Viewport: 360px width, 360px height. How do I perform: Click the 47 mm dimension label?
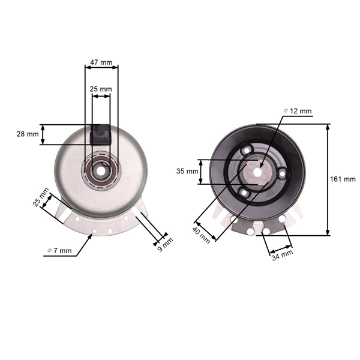(x=101, y=62)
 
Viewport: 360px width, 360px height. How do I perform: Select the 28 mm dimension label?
(x=27, y=134)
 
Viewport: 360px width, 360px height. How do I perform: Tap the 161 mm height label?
(x=343, y=179)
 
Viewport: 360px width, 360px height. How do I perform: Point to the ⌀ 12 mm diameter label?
(x=297, y=111)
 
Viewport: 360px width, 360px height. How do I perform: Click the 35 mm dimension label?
(x=188, y=171)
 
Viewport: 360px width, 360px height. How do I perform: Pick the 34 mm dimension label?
(x=283, y=254)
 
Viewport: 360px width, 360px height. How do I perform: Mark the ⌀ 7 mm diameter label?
(x=59, y=250)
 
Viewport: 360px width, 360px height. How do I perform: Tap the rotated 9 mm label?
(x=166, y=244)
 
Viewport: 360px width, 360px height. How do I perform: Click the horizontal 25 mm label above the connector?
(x=101, y=89)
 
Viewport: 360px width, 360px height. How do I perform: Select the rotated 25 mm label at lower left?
(x=40, y=199)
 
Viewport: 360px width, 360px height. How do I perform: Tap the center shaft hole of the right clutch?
(x=259, y=170)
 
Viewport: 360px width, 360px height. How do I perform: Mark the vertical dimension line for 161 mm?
(x=328, y=179)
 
